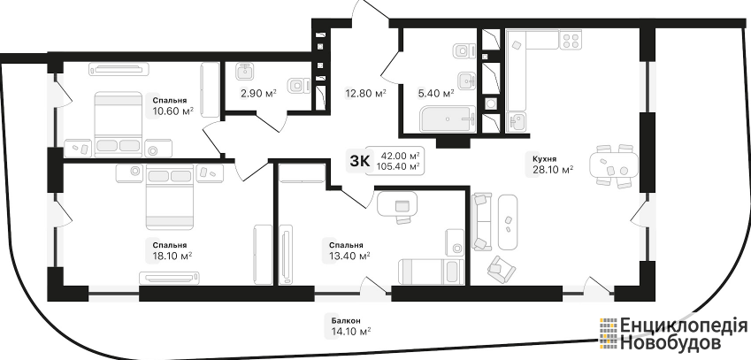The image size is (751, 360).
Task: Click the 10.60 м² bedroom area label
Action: click(x=172, y=111)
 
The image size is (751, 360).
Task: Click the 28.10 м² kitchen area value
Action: click(x=553, y=169)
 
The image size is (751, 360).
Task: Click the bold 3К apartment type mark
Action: click(x=360, y=161)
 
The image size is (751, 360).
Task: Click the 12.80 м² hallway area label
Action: click(x=366, y=94)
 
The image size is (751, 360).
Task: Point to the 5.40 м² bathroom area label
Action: click(x=436, y=94)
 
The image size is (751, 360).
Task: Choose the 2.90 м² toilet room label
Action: click(x=258, y=94)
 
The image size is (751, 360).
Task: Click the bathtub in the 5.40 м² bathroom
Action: click(x=448, y=119)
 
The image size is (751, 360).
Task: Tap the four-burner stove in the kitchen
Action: click(x=571, y=39)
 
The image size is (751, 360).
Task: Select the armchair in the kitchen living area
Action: click(x=502, y=268)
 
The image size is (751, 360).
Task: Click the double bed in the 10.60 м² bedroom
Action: click(x=119, y=124)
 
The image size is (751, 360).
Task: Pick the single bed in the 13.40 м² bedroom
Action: click(x=431, y=272)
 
